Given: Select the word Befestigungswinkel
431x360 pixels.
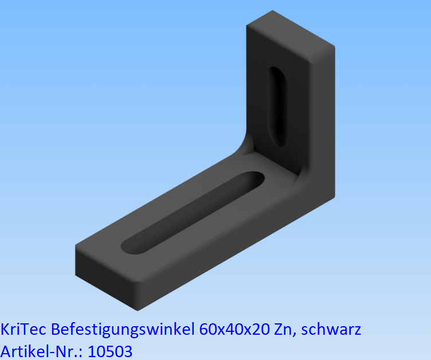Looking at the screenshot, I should [123, 330].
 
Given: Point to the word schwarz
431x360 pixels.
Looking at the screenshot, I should [331, 330].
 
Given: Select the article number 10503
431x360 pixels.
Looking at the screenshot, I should [109, 350].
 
